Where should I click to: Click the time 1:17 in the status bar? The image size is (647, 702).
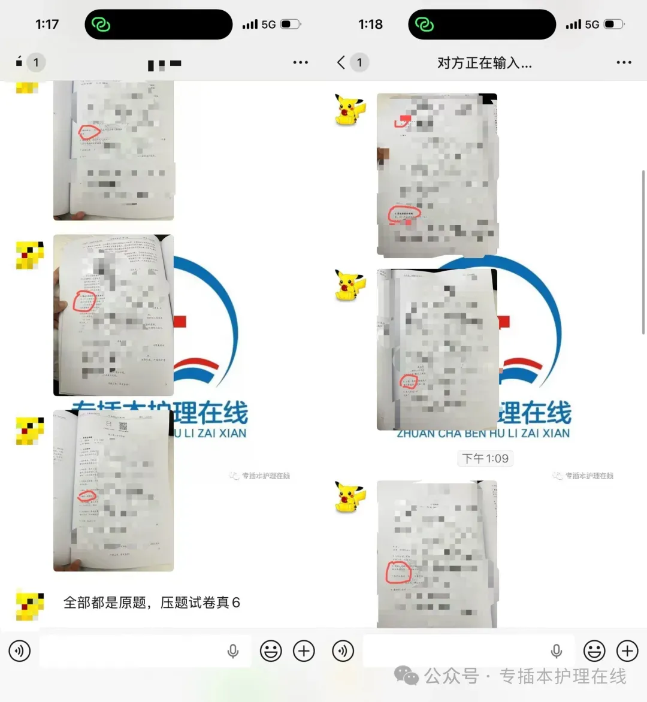click(x=47, y=25)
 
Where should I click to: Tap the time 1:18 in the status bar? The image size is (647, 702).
click(x=370, y=25)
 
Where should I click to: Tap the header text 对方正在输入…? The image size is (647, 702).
click(x=484, y=63)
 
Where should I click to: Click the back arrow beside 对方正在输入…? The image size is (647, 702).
click(x=341, y=62)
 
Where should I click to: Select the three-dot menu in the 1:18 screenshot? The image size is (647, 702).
click(x=624, y=62)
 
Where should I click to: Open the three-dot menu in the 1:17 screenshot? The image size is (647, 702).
click(x=300, y=62)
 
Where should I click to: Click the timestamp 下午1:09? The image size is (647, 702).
click(x=485, y=459)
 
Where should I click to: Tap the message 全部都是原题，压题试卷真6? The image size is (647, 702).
click(x=152, y=603)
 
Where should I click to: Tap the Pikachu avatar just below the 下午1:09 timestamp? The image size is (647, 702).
click(x=350, y=497)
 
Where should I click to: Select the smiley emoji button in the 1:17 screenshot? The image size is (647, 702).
click(x=271, y=651)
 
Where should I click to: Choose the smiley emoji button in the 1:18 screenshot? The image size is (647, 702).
click(x=594, y=651)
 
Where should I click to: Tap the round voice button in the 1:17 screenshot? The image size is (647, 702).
click(x=20, y=651)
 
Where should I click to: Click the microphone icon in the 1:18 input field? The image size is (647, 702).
click(x=557, y=651)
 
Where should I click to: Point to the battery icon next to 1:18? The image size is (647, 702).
click(x=613, y=25)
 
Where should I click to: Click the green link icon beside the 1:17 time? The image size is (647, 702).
click(x=101, y=25)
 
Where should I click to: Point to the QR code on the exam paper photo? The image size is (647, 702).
click(x=123, y=426)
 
